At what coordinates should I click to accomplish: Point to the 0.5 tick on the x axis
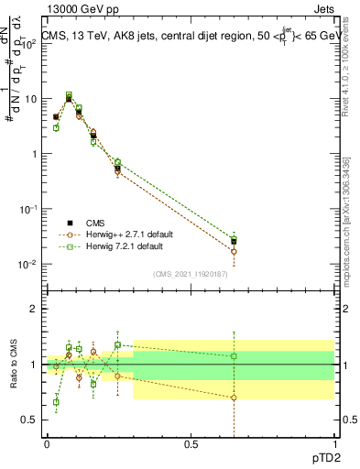191,442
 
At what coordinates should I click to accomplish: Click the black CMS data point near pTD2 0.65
234,242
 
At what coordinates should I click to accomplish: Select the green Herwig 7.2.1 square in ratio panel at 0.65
234,355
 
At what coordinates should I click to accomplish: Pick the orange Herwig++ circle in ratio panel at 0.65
234,398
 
